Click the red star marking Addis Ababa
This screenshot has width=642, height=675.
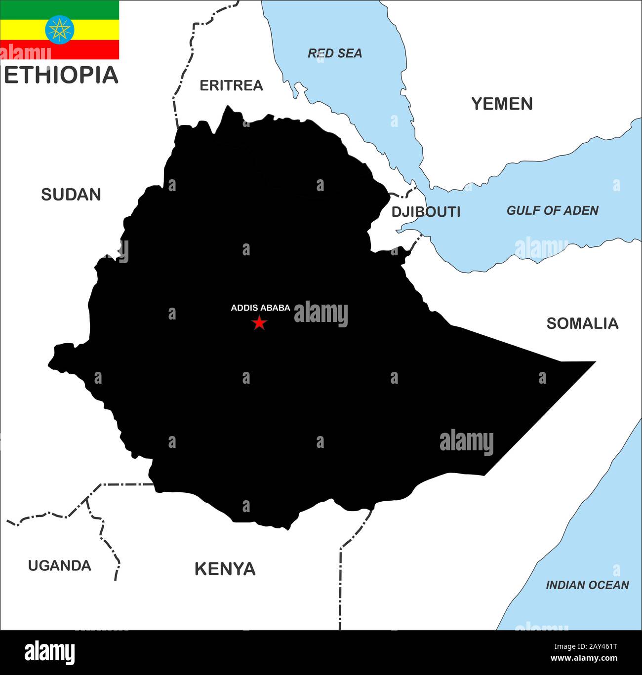pos(259,323)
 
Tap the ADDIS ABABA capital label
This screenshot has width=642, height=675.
pos(260,308)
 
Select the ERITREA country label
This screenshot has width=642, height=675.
pos(231,85)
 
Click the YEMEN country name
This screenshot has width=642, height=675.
pos(502,104)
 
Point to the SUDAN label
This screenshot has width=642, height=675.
pos(71,195)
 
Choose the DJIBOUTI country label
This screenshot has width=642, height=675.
pos(426,212)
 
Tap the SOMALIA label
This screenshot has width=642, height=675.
pos(582,323)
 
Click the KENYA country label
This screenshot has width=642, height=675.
pos(225,569)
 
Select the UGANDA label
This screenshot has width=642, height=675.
pos(59,565)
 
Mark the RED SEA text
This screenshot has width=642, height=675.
pos(335,53)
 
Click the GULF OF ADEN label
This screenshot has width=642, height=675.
pos(552,211)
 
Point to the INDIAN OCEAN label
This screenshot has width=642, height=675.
pos(587,585)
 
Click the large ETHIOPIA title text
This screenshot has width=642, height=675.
pos(61,75)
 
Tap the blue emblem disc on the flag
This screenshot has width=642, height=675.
pos(60,30)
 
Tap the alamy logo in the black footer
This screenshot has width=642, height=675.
pos(50,652)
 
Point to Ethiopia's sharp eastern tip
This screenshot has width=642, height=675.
pos(594,362)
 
